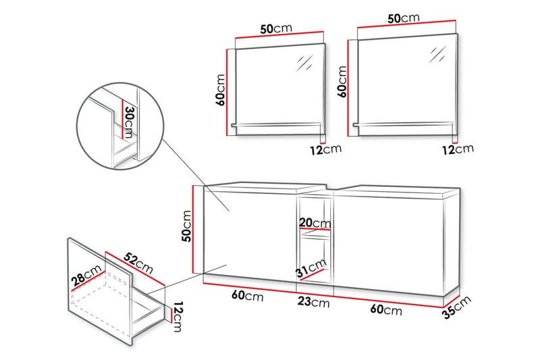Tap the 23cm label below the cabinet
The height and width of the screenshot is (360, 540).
315,303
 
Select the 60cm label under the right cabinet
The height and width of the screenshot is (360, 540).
387,309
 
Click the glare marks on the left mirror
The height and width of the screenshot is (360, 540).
304,62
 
